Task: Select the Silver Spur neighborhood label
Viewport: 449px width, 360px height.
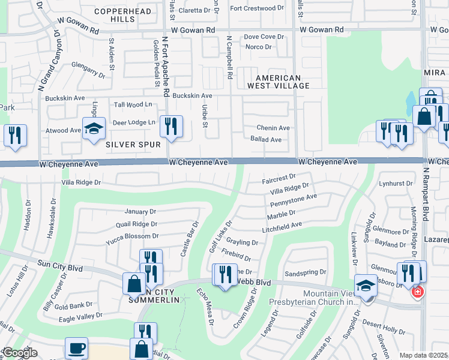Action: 133,145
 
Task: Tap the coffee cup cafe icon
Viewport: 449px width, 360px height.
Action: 76,349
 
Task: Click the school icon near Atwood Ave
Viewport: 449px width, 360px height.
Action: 94,129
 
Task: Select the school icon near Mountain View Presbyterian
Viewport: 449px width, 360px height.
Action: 366,286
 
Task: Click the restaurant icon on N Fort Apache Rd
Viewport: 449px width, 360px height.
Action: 172,126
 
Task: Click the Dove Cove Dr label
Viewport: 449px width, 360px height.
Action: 264,37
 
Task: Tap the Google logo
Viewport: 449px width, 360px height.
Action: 20,352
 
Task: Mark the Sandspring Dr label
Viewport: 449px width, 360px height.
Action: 305,272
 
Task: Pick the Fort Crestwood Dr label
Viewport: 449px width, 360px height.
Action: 256,8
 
